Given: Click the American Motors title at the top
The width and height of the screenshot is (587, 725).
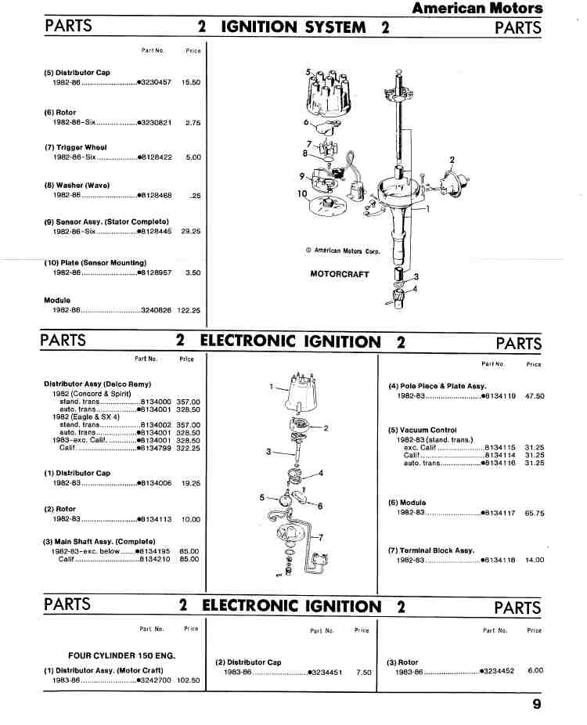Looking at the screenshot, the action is point(477,8).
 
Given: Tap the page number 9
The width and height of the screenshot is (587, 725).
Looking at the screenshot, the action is point(537,704).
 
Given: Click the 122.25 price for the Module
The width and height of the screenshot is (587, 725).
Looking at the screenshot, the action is point(189,310).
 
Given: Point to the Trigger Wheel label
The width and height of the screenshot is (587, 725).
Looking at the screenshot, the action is point(76,147).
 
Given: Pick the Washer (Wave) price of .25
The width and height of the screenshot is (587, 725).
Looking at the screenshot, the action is point(196,196).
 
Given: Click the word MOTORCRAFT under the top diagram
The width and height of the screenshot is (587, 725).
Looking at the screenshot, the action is point(340,274).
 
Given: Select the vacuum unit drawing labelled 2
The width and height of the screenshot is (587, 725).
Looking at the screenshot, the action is point(452,182).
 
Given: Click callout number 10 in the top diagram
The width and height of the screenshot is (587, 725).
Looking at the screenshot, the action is point(302,193).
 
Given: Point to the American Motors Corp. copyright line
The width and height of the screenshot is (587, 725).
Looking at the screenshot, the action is point(343,251).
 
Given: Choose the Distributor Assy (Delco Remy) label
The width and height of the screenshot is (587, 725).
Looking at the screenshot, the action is point(98,384).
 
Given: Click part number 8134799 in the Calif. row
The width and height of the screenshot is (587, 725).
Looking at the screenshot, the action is point(156,448).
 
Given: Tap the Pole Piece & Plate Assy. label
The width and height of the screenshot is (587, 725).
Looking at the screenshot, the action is point(438,386).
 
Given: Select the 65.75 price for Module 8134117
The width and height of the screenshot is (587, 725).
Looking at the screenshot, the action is point(535,513).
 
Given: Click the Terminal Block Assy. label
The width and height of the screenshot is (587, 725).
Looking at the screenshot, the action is point(431,550).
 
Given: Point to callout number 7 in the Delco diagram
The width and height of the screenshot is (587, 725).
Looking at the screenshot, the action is point(321,537).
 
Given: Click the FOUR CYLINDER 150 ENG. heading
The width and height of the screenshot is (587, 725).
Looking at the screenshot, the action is point(122,655).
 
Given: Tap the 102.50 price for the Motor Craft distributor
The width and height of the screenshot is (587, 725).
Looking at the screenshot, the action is point(189,680).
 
